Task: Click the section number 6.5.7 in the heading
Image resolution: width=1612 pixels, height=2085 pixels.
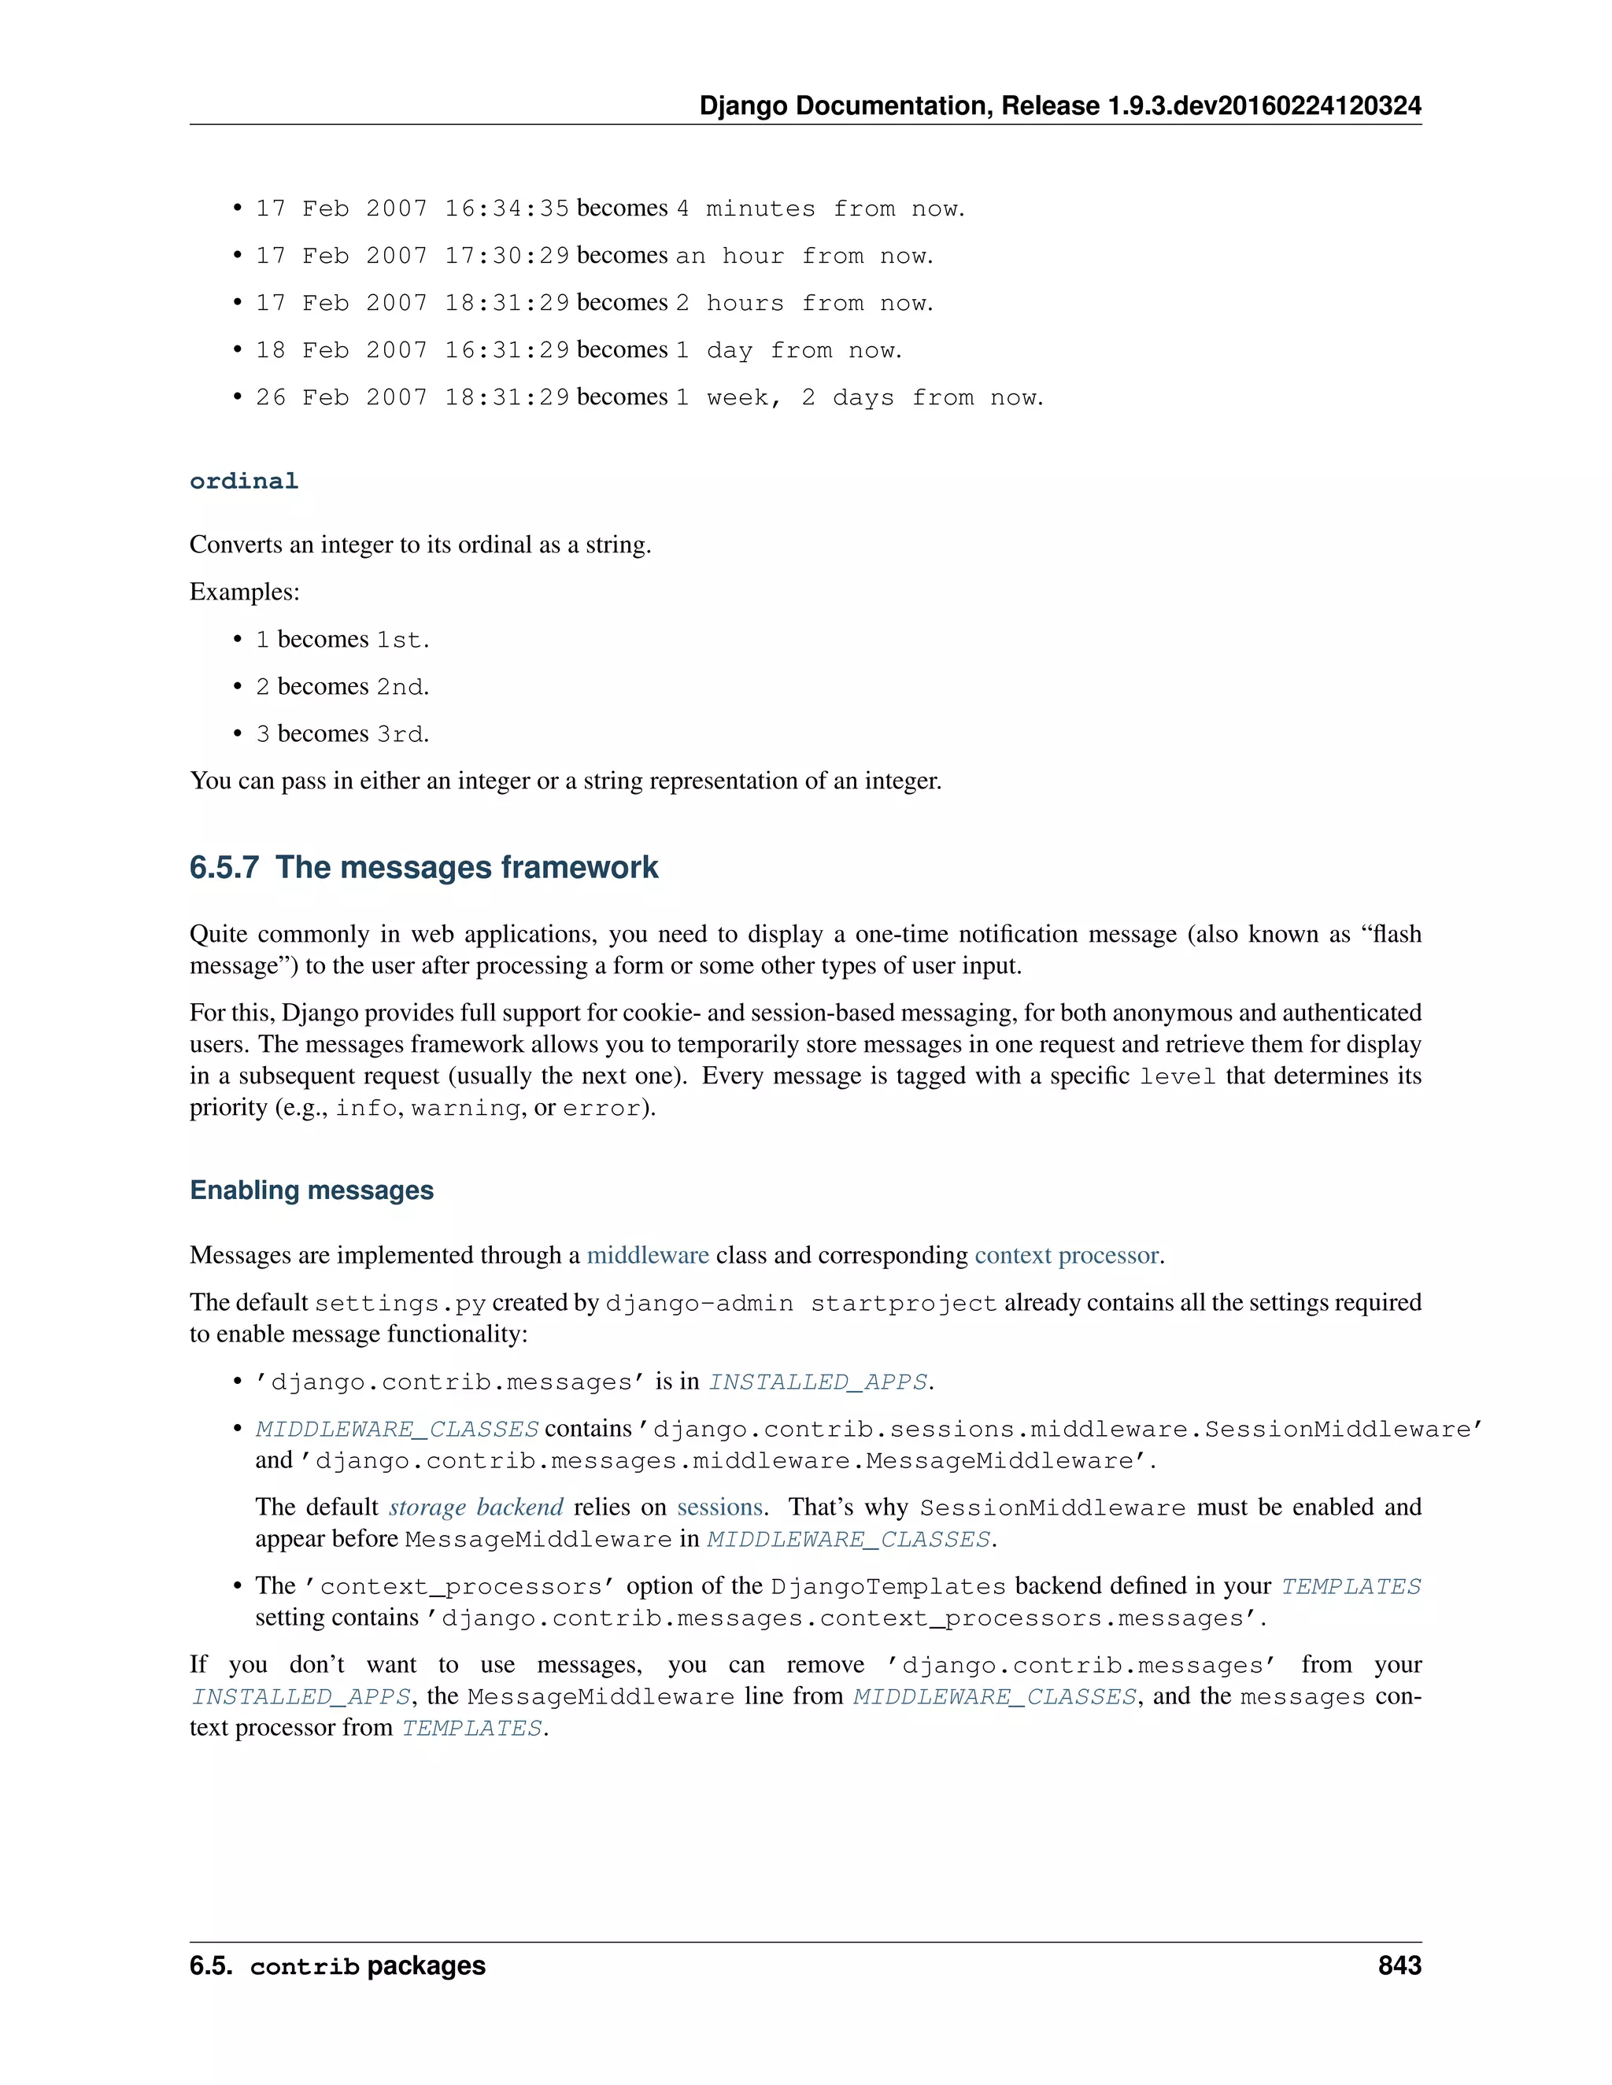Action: (x=224, y=867)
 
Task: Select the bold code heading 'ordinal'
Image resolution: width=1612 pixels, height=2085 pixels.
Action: (x=243, y=482)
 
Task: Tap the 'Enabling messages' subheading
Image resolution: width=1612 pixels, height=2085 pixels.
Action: (x=312, y=1190)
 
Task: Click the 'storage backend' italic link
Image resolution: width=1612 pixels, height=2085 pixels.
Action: (x=475, y=1507)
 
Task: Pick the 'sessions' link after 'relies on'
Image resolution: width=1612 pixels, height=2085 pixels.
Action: (x=719, y=1507)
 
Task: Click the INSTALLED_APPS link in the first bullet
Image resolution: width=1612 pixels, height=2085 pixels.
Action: (x=819, y=1382)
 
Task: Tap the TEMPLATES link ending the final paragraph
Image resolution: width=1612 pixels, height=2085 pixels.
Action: (x=471, y=1728)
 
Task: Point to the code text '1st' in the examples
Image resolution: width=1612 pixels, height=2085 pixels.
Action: (x=399, y=640)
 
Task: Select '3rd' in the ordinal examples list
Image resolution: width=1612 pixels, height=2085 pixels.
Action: (x=399, y=734)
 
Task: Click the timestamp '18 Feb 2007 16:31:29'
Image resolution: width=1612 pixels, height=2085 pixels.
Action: (x=412, y=350)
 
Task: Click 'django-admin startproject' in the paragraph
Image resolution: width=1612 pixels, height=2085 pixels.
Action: (x=801, y=1303)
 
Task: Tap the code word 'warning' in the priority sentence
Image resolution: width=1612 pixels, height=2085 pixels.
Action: (x=465, y=1109)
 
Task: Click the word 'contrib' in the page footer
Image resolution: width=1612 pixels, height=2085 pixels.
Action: (x=304, y=1967)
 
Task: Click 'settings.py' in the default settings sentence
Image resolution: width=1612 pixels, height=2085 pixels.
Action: (x=400, y=1303)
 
